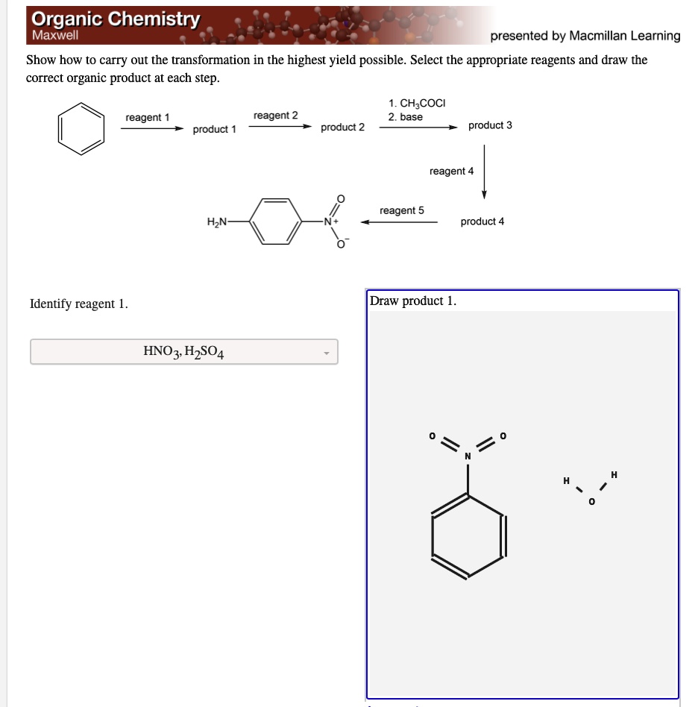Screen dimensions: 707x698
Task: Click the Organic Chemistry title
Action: [x=116, y=19]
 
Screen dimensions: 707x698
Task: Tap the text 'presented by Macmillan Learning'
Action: [x=585, y=36]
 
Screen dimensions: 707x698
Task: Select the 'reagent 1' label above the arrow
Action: [x=148, y=118]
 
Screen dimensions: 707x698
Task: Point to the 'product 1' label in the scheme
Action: [x=214, y=130]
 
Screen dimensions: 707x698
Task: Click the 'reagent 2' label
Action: [x=275, y=116]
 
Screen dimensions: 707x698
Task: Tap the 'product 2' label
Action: [x=342, y=128]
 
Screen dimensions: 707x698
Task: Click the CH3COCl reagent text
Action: [x=417, y=104]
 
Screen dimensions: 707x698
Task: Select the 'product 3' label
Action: [x=490, y=125]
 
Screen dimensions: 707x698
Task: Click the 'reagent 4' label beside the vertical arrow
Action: [x=451, y=172]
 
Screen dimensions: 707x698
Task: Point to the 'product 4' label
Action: [x=482, y=221]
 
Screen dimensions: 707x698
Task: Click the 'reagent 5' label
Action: [x=401, y=211]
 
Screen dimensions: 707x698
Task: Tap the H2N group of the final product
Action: [x=217, y=221]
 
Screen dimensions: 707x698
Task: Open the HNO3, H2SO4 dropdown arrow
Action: [x=326, y=352]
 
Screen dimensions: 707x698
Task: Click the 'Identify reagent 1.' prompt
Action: [x=79, y=304]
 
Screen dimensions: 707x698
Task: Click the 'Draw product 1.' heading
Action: [x=413, y=301]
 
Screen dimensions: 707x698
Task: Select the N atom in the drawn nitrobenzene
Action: [x=468, y=456]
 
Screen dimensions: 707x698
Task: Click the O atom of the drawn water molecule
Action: [x=591, y=503]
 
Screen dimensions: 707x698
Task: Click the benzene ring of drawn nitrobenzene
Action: [x=468, y=535]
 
